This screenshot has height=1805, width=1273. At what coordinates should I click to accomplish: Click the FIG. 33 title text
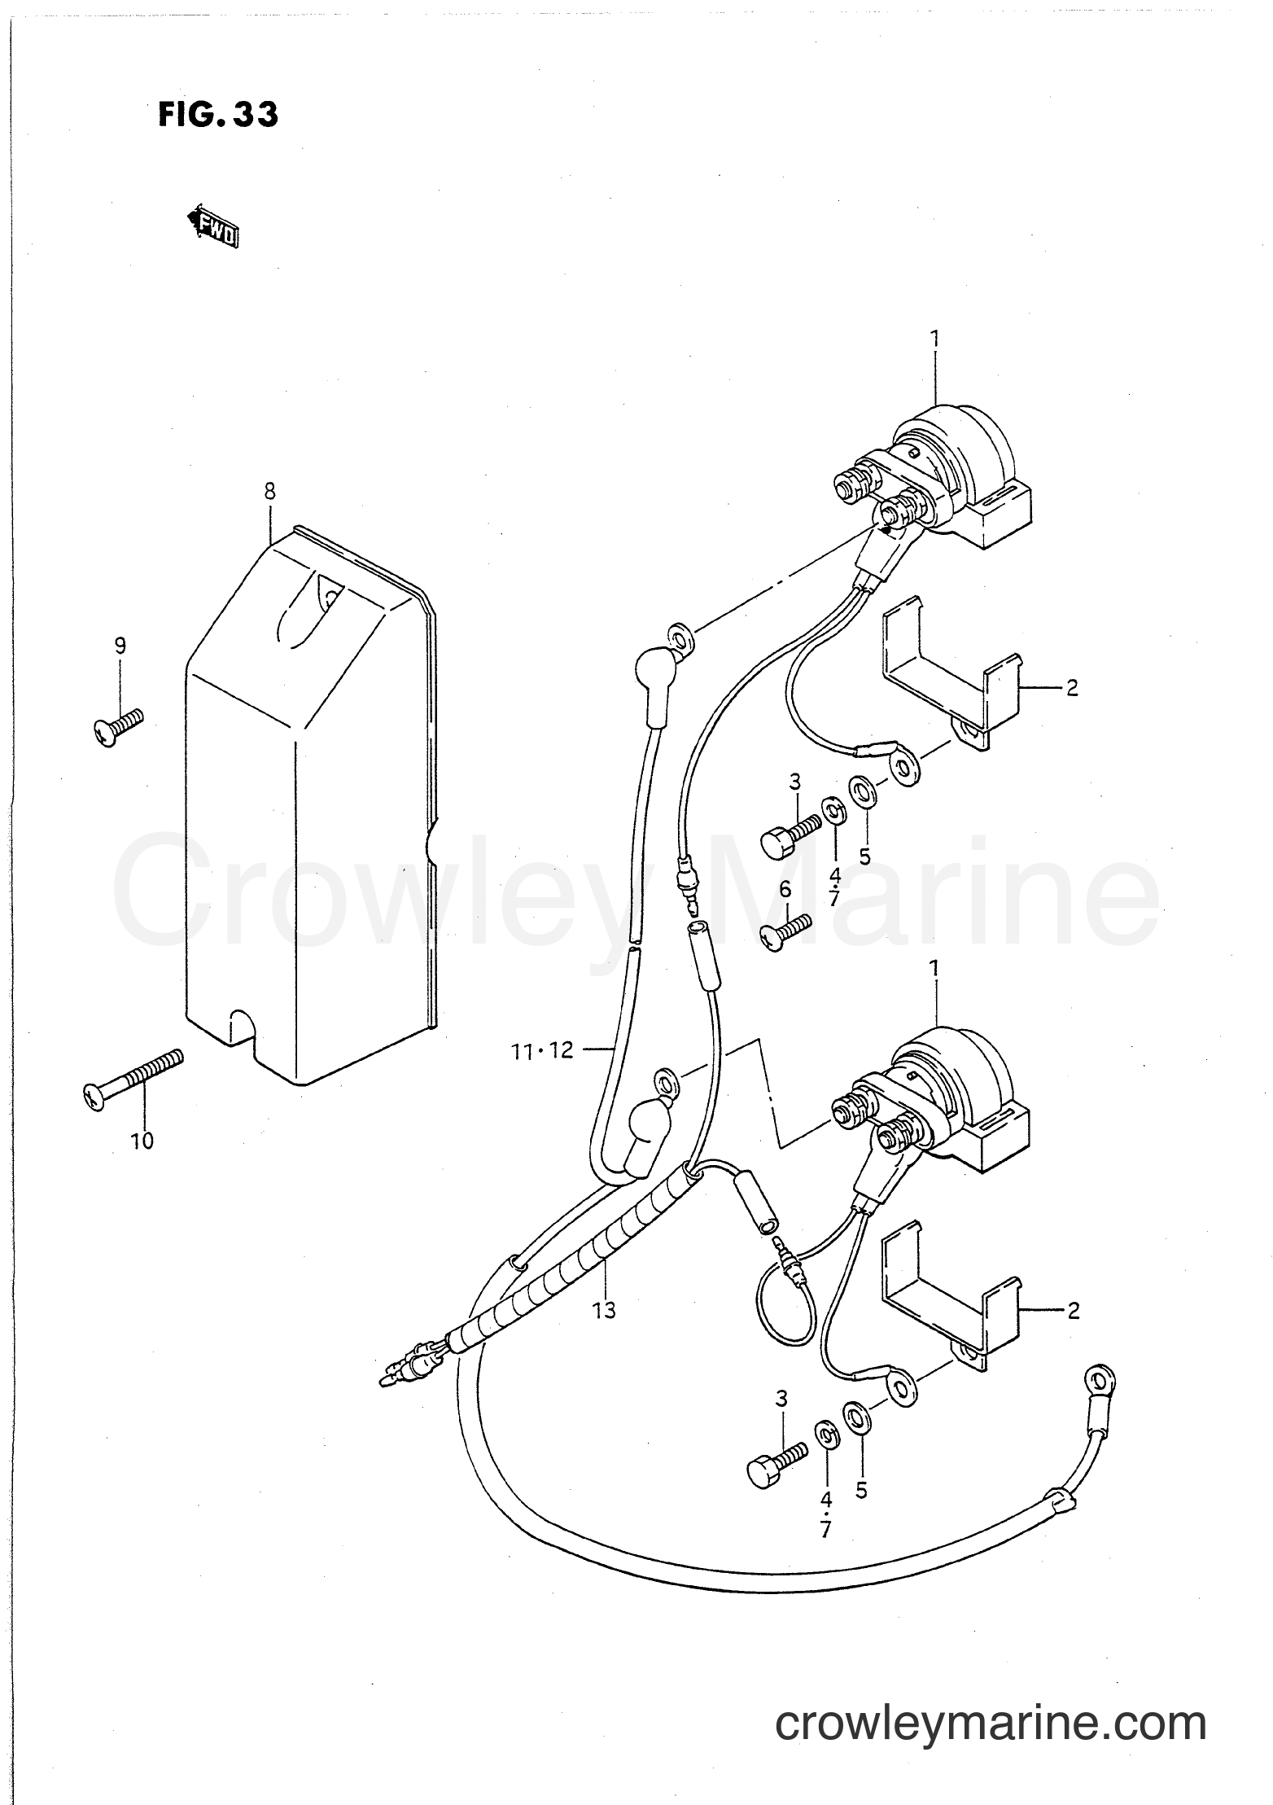coord(217,115)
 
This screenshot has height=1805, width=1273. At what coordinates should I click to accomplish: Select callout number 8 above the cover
coord(269,491)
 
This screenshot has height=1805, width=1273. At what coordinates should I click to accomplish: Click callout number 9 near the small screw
coord(120,646)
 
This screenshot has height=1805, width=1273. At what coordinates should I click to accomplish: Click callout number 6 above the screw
coord(785,889)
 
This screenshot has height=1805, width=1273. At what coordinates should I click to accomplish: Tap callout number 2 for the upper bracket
coord(1071,688)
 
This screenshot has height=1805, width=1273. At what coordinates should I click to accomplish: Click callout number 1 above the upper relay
coord(935,336)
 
